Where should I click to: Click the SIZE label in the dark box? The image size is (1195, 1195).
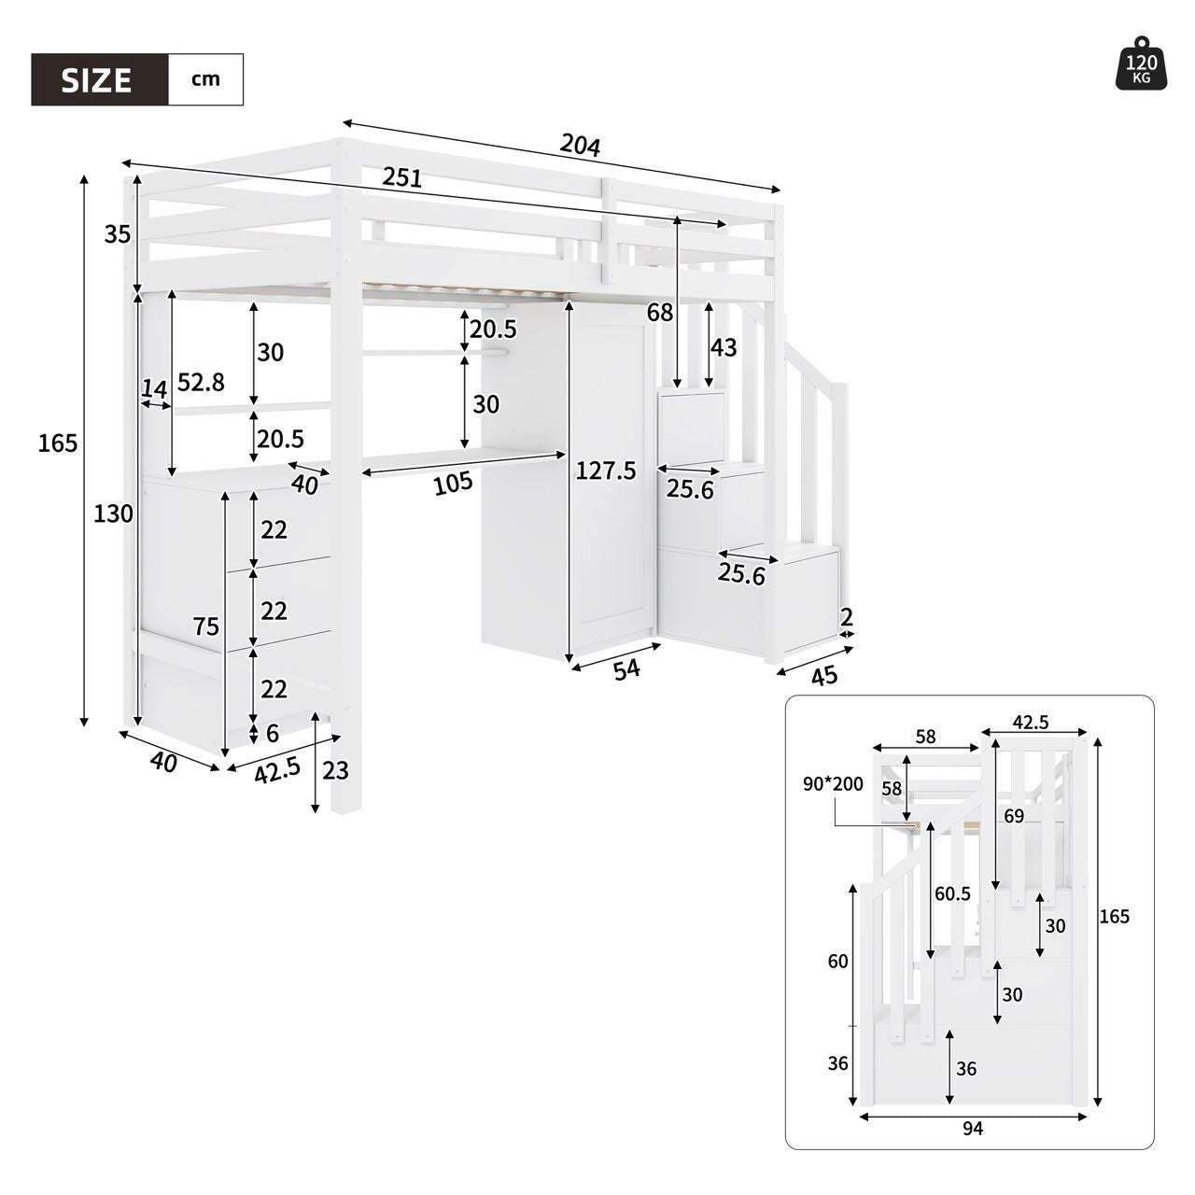[x=97, y=79]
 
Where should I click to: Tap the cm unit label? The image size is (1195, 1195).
[x=205, y=78]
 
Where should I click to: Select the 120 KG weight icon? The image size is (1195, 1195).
[x=1141, y=65]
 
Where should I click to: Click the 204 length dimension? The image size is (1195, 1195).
[x=580, y=145]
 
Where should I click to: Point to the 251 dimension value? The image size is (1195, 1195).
[x=402, y=177]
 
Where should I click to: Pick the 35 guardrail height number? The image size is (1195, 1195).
[x=117, y=234]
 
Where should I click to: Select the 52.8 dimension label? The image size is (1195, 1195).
[x=202, y=383]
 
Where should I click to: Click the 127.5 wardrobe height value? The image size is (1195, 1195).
[x=606, y=471]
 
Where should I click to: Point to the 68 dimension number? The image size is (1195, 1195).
[x=660, y=314]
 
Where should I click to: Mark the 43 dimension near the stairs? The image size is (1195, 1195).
[x=724, y=348]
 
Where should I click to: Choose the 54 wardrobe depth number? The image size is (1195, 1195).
[x=626, y=668]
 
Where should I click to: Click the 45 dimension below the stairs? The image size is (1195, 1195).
[x=823, y=676]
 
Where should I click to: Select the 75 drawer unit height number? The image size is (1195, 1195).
[x=206, y=626]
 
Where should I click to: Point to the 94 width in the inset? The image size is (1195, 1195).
[x=972, y=1129]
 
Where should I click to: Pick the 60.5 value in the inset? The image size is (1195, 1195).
[x=951, y=893]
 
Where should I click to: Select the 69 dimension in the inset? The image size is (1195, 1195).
[x=1014, y=816]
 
